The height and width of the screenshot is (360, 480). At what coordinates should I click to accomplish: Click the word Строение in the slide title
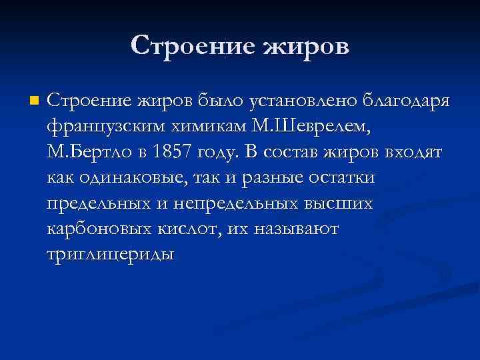point(193,45)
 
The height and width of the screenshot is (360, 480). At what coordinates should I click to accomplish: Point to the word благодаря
point(405,101)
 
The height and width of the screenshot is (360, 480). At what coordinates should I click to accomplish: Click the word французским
point(98,127)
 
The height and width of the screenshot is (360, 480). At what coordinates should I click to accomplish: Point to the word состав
point(292,152)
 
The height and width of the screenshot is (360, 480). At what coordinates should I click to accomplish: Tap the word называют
point(295,229)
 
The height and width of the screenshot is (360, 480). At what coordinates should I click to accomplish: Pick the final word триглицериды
point(111,254)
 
